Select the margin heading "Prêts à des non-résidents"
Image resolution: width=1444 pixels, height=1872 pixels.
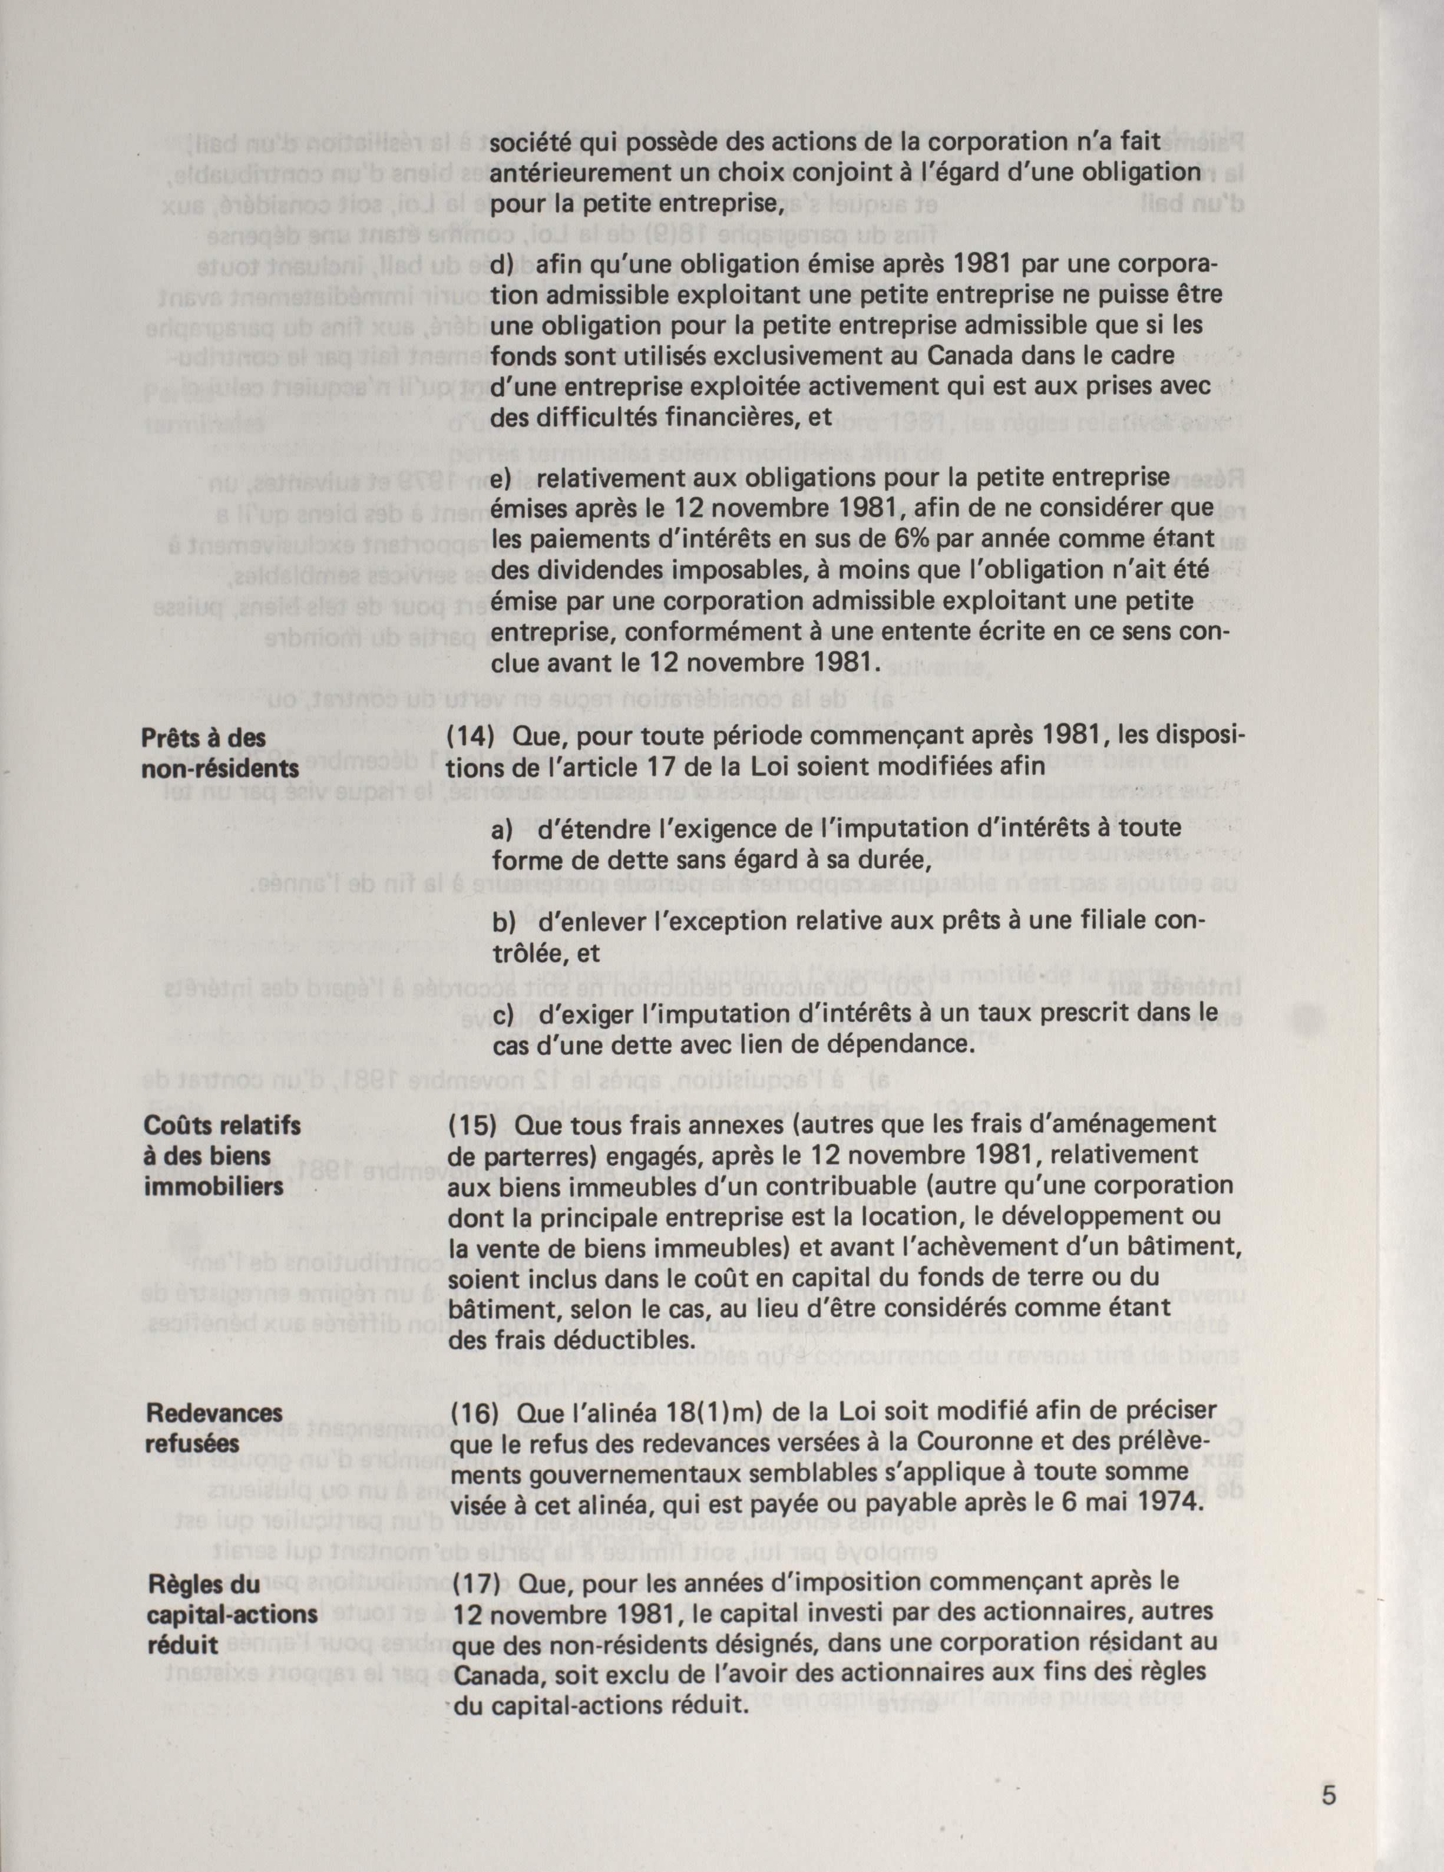220,753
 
